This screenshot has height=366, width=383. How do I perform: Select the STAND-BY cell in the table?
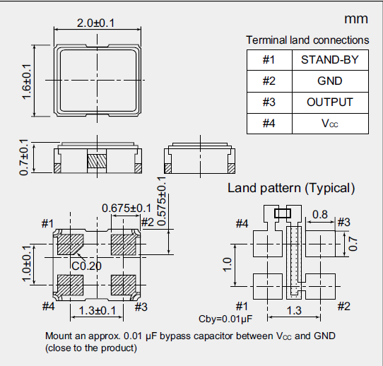[x=329, y=59]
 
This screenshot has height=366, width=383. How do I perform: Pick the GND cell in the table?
[x=329, y=81]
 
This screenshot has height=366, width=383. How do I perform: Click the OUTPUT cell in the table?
[x=329, y=102]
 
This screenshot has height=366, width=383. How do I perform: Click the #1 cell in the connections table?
[x=269, y=59]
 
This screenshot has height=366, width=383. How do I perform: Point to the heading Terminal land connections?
[x=307, y=40]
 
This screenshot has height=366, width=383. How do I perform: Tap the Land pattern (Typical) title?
[x=290, y=188]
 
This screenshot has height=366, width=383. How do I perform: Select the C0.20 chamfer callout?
[x=86, y=266]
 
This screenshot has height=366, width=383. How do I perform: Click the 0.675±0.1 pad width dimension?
[x=126, y=208]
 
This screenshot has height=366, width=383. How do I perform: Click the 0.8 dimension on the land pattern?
[x=319, y=214]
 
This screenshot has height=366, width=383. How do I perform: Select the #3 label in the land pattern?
[x=344, y=223]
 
